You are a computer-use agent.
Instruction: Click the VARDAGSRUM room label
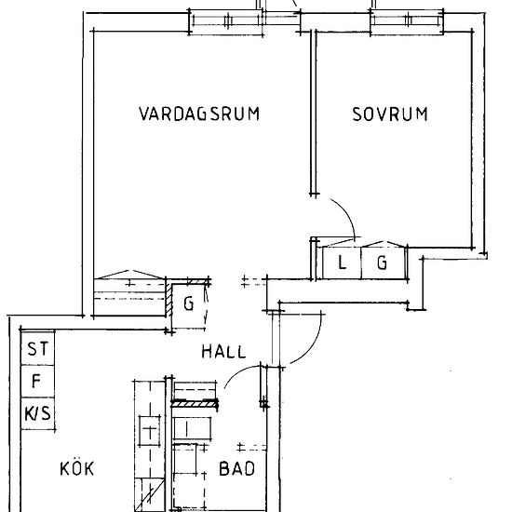coord(199,114)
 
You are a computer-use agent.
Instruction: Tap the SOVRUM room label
coord(390,114)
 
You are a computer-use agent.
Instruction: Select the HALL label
coord(223,352)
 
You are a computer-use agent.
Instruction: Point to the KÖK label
coord(77,468)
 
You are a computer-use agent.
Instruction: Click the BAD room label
coord(236,468)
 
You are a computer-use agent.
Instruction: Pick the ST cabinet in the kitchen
coord(37,348)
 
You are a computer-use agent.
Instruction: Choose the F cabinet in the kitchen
coord(37,381)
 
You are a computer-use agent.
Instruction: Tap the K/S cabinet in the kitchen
coord(37,413)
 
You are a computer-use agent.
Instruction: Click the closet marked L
coord(342,263)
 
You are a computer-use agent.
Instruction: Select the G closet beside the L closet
coord(383,263)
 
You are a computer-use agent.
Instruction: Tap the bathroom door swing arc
coord(238,371)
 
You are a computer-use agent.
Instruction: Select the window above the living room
coord(226,21)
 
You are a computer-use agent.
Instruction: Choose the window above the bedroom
coord(407,21)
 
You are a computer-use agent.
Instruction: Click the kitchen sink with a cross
coord(150,431)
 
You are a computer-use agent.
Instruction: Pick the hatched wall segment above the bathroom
coord(195,404)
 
